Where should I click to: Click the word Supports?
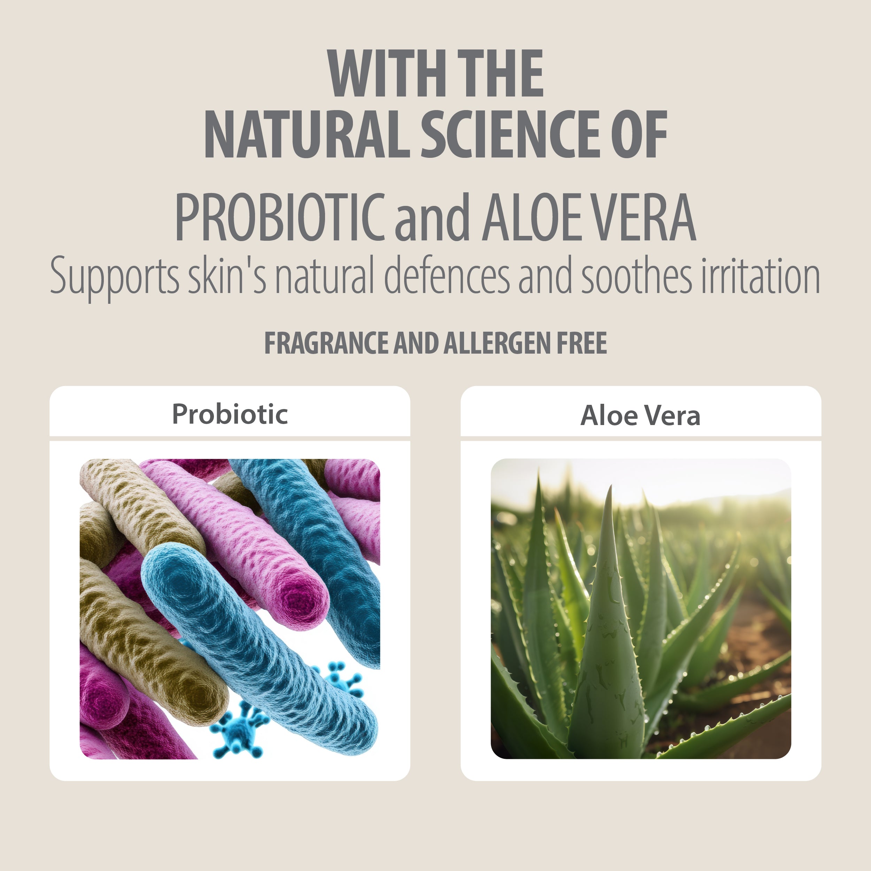tap(115, 276)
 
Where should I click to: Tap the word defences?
tap(447, 275)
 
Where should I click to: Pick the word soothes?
tap(636, 275)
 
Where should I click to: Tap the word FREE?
tap(582, 343)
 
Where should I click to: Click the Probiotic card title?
tap(230, 414)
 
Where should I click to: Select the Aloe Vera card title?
tap(640, 415)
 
